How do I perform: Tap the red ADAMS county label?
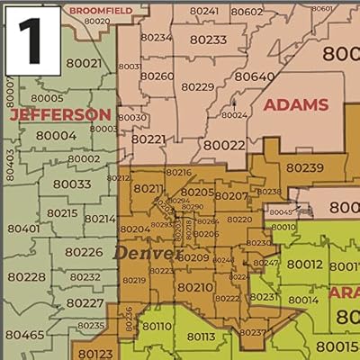click(x=295, y=105)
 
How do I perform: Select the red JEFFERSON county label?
click(x=59, y=115)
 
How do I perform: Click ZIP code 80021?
click(x=84, y=63)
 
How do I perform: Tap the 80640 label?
click(x=254, y=76)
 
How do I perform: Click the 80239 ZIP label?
click(x=304, y=166)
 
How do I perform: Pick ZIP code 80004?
click(x=56, y=136)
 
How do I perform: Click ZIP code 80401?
click(x=22, y=229)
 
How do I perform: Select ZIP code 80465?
click(x=23, y=335)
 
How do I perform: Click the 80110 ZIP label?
click(x=155, y=326)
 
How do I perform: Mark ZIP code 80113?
click(x=200, y=337)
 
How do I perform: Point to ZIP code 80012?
click(x=304, y=264)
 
